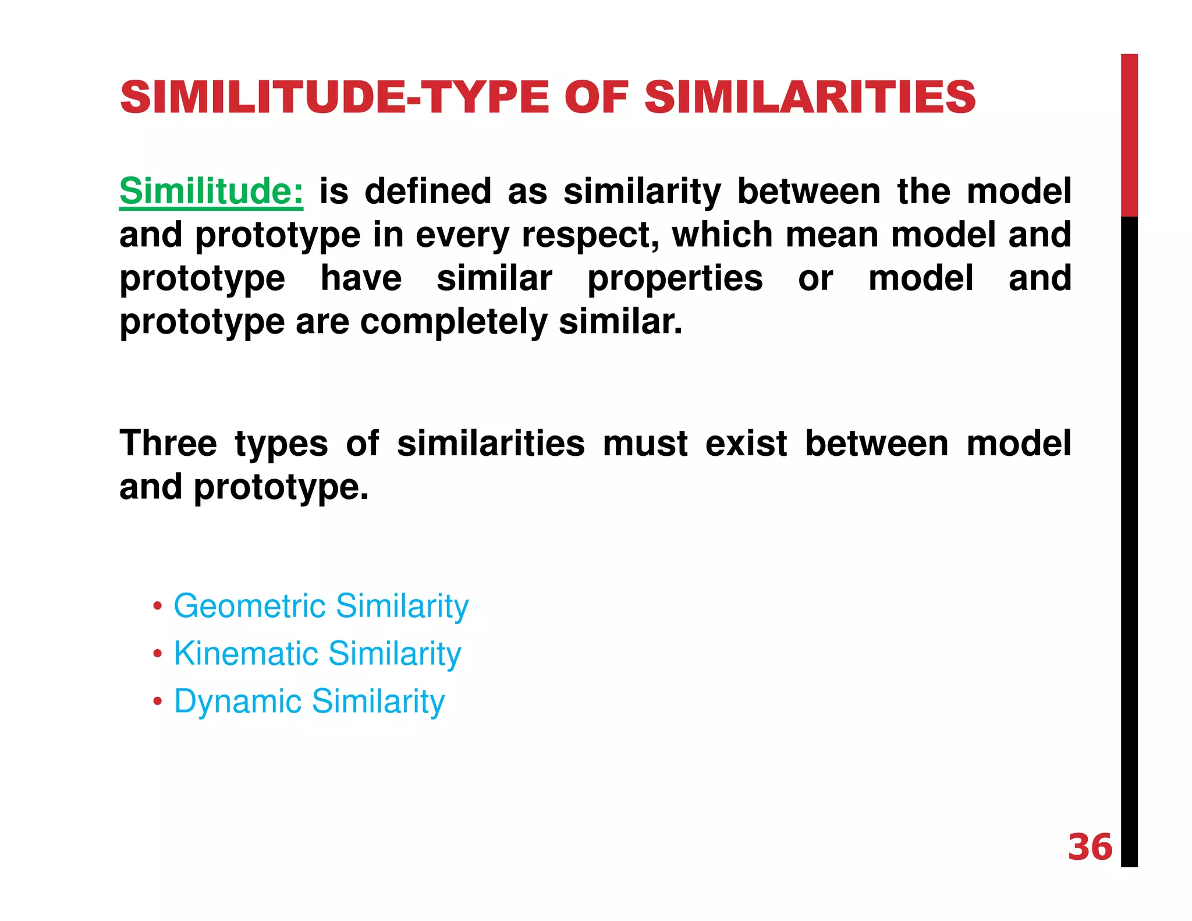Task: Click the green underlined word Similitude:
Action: click(x=211, y=192)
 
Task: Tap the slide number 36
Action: click(x=1090, y=847)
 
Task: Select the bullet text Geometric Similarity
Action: click(x=321, y=607)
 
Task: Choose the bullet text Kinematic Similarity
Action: click(x=317, y=654)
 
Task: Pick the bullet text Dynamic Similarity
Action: click(x=309, y=702)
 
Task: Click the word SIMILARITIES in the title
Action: click(x=809, y=97)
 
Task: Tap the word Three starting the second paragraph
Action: click(x=168, y=444)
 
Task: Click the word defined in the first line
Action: click(x=428, y=192)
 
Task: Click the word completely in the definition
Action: click(x=453, y=322)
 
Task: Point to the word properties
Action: click(x=675, y=279)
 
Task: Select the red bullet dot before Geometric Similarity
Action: click(x=157, y=607)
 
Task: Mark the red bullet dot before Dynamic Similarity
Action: click(x=157, y=702)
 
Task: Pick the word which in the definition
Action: click(x=722, y=235)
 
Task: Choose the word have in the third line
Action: click(x=361, y=279)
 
